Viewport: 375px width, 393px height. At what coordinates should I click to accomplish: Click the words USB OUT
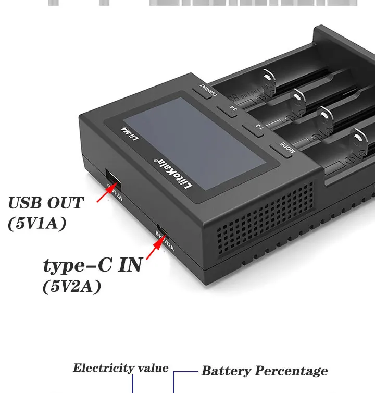46,202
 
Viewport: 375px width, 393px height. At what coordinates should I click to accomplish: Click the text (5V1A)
37,223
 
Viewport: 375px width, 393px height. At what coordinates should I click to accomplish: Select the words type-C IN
92,265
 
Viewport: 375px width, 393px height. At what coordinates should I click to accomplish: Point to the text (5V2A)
71,287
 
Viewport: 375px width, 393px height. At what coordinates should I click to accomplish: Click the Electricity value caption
120,369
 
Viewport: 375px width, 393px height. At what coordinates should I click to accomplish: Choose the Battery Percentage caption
264,371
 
